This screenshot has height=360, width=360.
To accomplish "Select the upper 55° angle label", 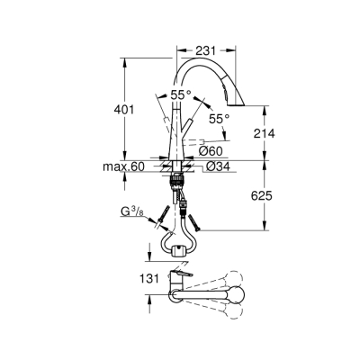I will click(181, 94).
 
